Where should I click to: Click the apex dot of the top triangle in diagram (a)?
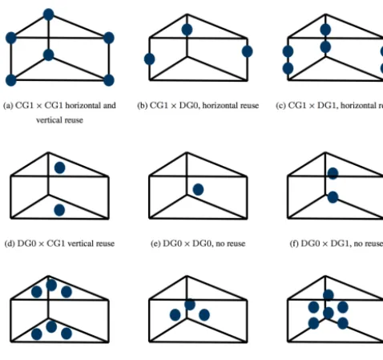pyautogui.click(x=48, y=14)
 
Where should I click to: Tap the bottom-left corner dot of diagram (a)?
pyautogui.click(x=11, y=80)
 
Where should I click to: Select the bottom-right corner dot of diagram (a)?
pyautogui.click(x=109, y=80)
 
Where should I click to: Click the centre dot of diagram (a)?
pyautogui.click(x=48, y=55)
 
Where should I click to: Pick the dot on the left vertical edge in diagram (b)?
pyautogui.click(x=149, y=59)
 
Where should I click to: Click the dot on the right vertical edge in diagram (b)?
pyautogui.click(x=247, y=51)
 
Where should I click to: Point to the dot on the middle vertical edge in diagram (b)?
pyautogui.click(x=187, y=30)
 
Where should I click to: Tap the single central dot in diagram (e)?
pyautogui.click(x=198, y=189)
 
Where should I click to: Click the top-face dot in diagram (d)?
pyautogui.click(x=59, y=168)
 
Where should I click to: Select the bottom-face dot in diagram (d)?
pyautogui.click(x=59, y=210)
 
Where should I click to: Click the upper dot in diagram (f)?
pyautogui.click(x=333, y=174)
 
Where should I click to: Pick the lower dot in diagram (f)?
pyautogui.click(x=333, y=197)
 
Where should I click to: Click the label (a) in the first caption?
pyautogui.click(x=8, y=106)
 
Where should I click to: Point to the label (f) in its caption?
pyautogui.click(x=294, y=244)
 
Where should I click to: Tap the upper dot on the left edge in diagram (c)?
pyautogui.click(x=288, y=51)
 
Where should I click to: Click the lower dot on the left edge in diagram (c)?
pyautogui.click(x=288, y=68)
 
